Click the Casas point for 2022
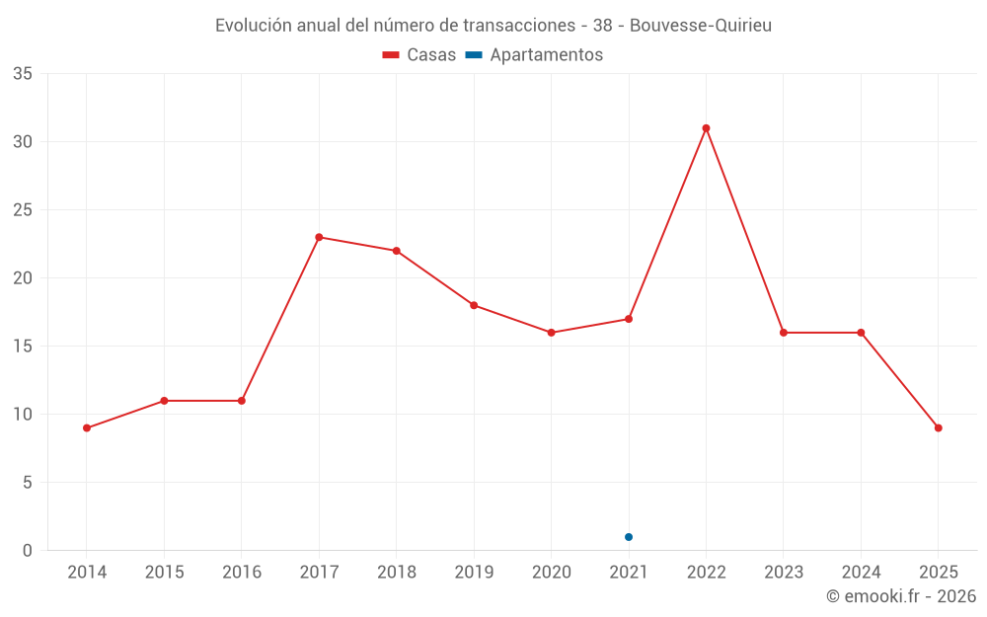point(706,128)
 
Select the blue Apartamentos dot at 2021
point(629,537)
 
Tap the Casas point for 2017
point(319,237)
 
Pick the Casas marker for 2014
point(87,427)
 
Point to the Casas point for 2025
point(938,427)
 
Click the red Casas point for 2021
point(629,319)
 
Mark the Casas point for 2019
point(474,305)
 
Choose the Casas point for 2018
point(397,251)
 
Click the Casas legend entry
point(419,55)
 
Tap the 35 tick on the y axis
point(23,74)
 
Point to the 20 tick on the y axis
point(23,278)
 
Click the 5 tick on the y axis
point(28,483)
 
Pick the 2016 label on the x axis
point(242,573)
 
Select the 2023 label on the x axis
point(784,573)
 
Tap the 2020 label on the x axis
point(552,573)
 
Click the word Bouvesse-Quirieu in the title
point(700,26)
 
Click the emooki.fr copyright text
point(901,596)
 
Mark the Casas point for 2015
point(164,401)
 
